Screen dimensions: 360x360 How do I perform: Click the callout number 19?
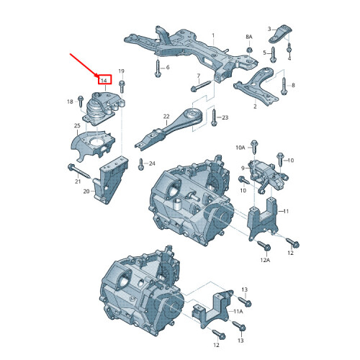click(x=122, y=71)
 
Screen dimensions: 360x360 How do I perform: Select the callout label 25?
click(x=77, y=125)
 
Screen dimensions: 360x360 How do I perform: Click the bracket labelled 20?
click(x=111, y=180)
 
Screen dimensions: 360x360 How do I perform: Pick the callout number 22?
click(x=166, y=117)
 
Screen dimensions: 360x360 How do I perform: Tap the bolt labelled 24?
click(x=141, y=164)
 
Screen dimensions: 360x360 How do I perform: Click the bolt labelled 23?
click(x=214, y=117)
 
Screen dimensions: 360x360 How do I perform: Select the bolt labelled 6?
click(x=158, y=68)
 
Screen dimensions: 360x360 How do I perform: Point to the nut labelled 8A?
click(x=249, y=50)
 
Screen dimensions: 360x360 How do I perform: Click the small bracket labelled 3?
click(x=280, y=34)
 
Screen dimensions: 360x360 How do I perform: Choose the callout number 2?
click(x=255, y=106)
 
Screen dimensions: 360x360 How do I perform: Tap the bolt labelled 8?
click(x=284, y=86)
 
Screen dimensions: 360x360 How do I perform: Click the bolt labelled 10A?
click(x=254, y=147)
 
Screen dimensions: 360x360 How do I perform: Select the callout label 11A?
click(x=238, y=311)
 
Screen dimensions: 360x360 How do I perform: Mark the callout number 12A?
click(x=265, y=260)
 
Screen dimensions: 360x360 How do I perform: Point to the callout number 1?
click(x=213, y=35)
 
